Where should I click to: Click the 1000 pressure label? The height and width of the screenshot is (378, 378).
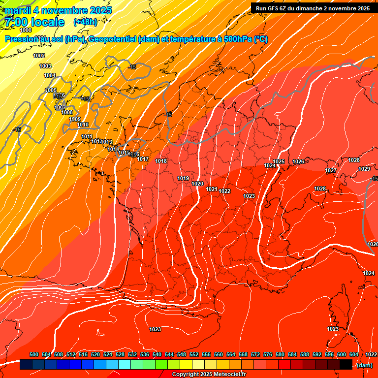(x=26, y=31)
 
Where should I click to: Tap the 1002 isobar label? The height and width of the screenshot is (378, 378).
(x=39, y=56)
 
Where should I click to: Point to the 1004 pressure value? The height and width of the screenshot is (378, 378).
(x=50, y=75)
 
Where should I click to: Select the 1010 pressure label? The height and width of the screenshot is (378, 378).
(x=83, y=125)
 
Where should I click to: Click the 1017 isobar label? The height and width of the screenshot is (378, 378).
(x=143, y=159)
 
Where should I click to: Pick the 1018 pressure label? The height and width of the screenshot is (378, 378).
(x=161, y=161)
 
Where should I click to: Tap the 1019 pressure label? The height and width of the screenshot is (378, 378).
(x=183, y=178)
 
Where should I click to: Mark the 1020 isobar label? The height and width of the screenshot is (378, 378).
(x=197, y=184)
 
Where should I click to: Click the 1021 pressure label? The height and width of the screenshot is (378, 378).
(x=212, y=189)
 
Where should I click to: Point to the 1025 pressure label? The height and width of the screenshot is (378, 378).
(x=279, y=161)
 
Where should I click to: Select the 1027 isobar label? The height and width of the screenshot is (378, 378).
(x=330, y=170)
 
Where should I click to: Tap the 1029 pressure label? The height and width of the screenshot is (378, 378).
(x=364, y=169)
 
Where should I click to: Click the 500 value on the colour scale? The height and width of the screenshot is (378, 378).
(x=34, y=354)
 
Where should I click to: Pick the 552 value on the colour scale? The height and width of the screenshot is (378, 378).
(x=194, y=354)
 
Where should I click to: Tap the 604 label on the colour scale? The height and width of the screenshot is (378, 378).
(x=354, y=354)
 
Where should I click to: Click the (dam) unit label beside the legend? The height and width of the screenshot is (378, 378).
(x=364, y=365)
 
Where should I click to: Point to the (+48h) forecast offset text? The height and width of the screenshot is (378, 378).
(x=85, y=22)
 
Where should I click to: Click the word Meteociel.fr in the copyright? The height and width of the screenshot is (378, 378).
(x=228, y=375)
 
